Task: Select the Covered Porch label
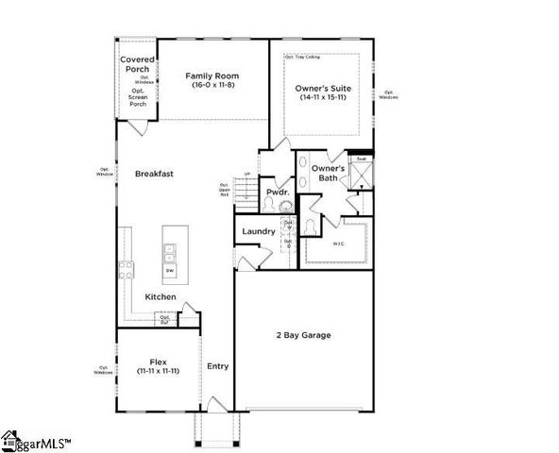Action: pyautogui.click(x=136, y=64)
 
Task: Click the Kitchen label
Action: pyautogui.click(x=161, y=297)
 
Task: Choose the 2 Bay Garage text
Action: pyautogui.click(x=303, y=336)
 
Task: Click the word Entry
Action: pyautogui.click(x=217, y=366)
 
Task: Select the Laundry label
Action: pyautogui.click(x=258, y=231)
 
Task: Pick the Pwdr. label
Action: pyautogui.click(x=276, y=191)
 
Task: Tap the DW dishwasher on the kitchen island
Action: pyautogui.click(x=170, y=271)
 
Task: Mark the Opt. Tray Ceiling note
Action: pyautogui.click(x=302, y=57)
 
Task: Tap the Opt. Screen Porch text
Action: pyautogui.click(x=137, y=98)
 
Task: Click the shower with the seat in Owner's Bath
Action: pyautogui.click(x=360, y=175)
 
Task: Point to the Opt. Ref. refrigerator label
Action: pyautogui.click(x=164, y=319)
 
